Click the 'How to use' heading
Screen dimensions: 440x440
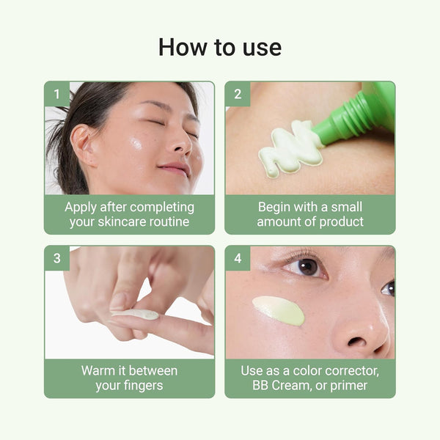[220, 47]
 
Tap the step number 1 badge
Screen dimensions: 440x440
[57, 94]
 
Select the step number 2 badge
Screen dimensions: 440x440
[238, 94]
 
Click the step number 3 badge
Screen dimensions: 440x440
[57, 258]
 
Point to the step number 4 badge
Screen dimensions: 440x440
[238, 258]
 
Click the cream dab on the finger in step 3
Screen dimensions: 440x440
[136, 314]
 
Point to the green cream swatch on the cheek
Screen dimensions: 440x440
[279, 309]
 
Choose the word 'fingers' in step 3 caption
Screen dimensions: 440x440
[143, 386]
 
